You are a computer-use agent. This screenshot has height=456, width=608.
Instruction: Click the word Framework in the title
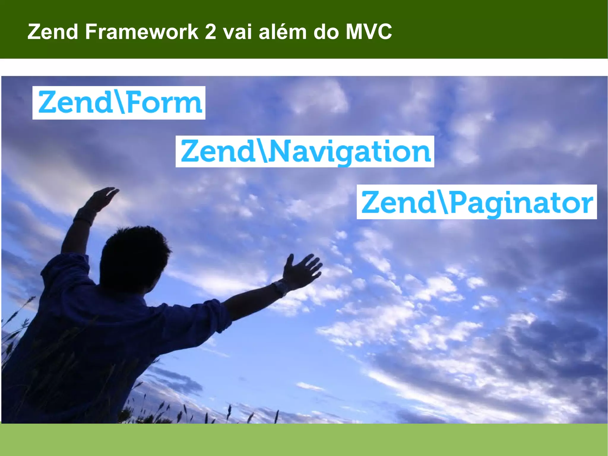pos(142,32)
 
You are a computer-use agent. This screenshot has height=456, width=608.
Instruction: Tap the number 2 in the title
pos(210,32)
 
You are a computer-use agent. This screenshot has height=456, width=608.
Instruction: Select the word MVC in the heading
pos(368,32)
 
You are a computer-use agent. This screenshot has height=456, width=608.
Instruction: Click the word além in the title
pos(282,32)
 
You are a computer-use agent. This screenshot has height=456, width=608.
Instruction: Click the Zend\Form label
pos(119,103)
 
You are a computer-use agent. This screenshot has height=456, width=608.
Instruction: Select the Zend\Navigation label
pos(305,152)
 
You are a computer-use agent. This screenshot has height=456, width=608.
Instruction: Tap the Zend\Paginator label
pos(476,202)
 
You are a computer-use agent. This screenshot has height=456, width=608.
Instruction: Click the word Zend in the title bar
pos(53,32)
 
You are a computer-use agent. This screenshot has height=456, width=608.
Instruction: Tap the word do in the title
pos(326,32)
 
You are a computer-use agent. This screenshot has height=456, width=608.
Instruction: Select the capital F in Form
pos(135,103)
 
